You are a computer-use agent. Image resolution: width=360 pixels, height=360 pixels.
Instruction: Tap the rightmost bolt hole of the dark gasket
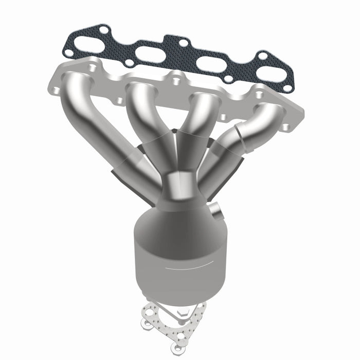[288, 88]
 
